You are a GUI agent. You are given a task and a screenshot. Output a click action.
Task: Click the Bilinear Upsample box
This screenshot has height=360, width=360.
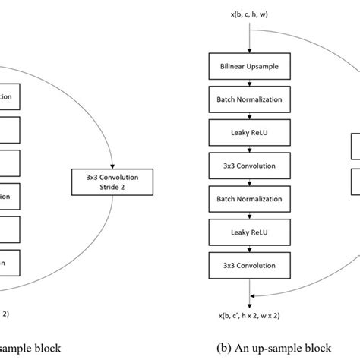pyautogui.click(x=250, y=66)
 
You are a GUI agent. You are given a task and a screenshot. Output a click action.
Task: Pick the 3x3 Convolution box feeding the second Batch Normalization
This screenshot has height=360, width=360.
pyautogui.click(x=250, y=165)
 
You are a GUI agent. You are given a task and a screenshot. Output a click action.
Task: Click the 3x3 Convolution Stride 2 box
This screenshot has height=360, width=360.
pyautogui.click(x=112, y=179)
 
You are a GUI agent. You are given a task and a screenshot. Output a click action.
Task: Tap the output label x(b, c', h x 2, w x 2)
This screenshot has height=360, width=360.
pyautogui.click(x=250, y=314)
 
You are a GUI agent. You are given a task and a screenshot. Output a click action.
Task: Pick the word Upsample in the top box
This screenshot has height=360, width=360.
pyautogui.click(x=266, y=66)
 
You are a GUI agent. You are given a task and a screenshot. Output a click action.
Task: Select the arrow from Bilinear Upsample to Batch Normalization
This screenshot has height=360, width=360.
pyautogui.click(x=250, y=82)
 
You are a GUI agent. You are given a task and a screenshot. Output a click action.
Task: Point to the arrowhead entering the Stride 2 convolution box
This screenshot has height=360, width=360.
pyautogui.click(x=112, y=165)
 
